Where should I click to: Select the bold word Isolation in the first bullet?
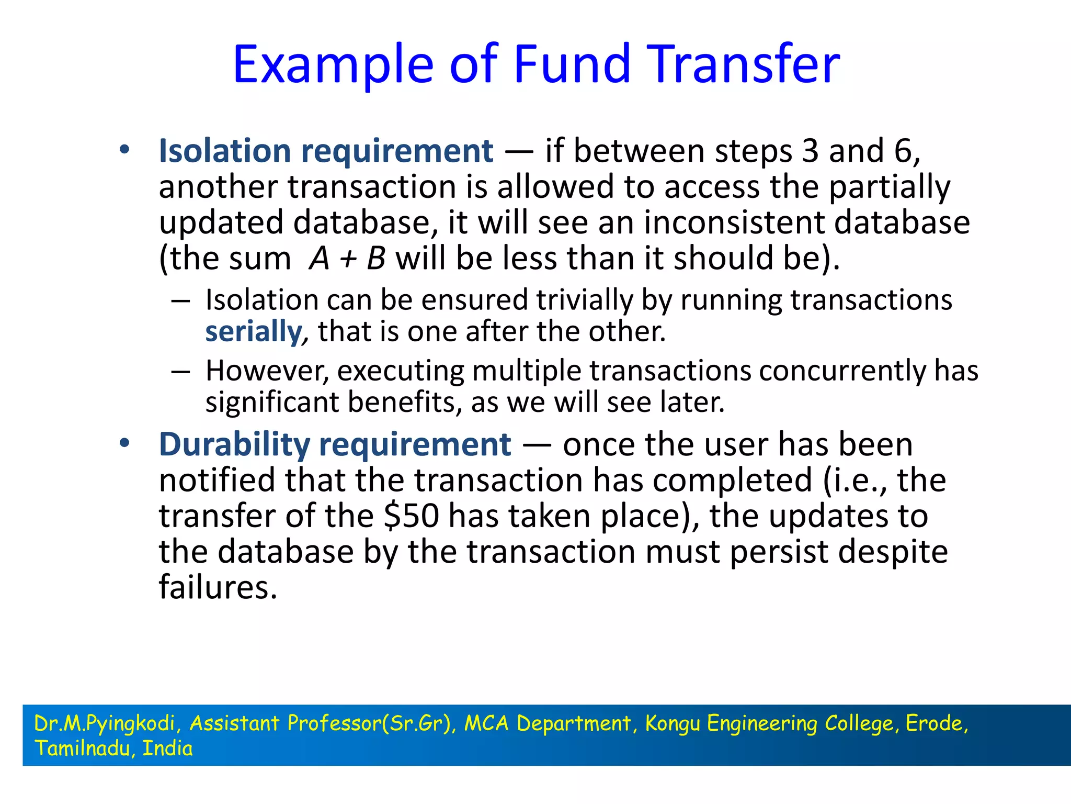[225, 151]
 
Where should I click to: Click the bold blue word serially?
[254, 332]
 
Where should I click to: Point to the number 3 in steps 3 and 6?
[810, 151]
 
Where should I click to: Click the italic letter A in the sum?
[319, 259]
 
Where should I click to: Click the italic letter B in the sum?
[376, 259]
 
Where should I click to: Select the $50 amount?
[411, 516]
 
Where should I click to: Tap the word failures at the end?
[218, 587]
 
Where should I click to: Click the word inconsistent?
[734, 223]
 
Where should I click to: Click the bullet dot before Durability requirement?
[124, 444]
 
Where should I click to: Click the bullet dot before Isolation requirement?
[124, 150]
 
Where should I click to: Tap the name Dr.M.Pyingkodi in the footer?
[104, 723]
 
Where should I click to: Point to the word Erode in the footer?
[934, 723]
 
